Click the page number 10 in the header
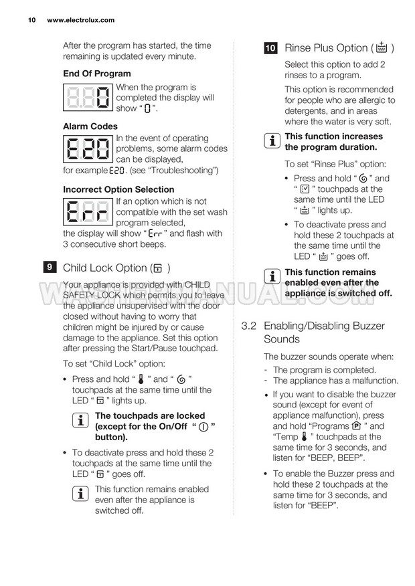tap(31, 20)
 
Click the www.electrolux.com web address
tap(81, 20)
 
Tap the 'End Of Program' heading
tap(97, 74)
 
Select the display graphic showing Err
tap(88, 213)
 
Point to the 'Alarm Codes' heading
tap(90, 126)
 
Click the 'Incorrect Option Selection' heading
tap(118, 189)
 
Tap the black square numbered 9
tap(50, 268)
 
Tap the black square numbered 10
tap(271, 48)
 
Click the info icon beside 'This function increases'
tap(272, 142)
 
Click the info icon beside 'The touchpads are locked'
tap(82, 421)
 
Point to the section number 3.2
tap(249, 326)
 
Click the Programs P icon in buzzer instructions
tap(355, 426)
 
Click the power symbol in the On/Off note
tap(204, 427)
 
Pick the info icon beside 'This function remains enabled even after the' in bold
tap(272, 277)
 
